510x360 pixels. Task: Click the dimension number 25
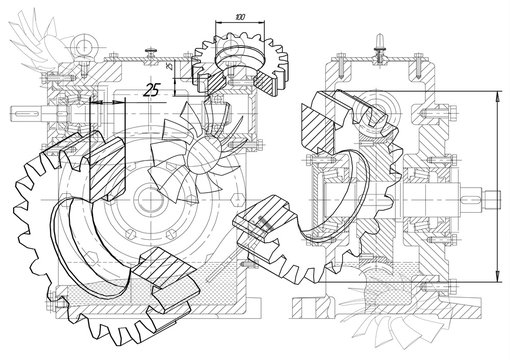click(x=152, y=89)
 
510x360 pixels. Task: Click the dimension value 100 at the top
click(x=239, y=18)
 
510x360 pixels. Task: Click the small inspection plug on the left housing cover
click(x=150, y=50)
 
